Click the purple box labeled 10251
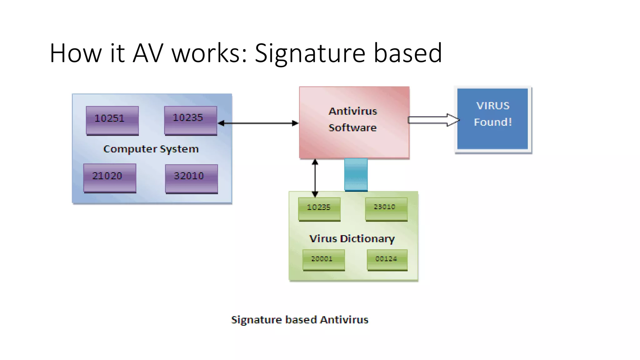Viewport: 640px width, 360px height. tap(112, 120)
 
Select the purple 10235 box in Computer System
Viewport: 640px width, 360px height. tap(190, 120)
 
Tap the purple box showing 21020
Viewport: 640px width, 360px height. tap(110, 177)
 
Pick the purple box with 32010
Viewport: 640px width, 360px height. tap(191, 178)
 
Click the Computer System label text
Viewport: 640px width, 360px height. tap(151, 149)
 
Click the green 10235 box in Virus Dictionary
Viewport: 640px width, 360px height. tap(319, 209)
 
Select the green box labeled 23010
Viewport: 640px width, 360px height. tap(386, 208)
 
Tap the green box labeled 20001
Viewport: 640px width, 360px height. tap(323, 260)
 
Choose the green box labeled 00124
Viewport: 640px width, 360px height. tap(387, 260)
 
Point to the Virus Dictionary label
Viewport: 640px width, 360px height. tap(352, 239)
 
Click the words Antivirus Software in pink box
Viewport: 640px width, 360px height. tap(353, 119)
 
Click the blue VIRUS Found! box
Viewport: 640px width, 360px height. tap(492, 119)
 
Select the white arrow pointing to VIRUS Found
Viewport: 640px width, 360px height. tap(433, 120)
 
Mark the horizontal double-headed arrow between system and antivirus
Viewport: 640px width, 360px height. tap(258, 123)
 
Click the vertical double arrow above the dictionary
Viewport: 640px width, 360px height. tap(315, 178)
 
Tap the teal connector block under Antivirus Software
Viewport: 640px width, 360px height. tap(356, 174)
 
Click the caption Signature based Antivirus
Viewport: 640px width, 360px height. tap(299, 320)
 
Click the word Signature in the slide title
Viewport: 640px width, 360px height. tap(310, 53)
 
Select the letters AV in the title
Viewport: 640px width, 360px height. tap(147, 53)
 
